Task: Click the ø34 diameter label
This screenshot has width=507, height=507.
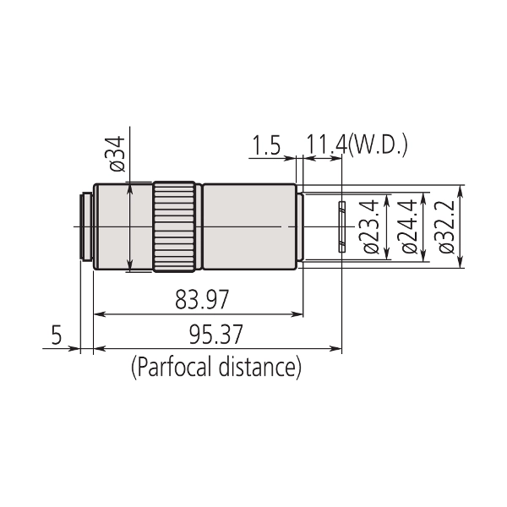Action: click(117, 153)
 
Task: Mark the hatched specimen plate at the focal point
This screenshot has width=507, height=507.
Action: click(341, 226)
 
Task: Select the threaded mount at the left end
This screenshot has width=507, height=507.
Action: click(86, 228)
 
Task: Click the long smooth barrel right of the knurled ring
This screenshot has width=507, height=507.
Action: click(249, 228)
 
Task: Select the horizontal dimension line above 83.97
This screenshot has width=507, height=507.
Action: click(198, 314)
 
